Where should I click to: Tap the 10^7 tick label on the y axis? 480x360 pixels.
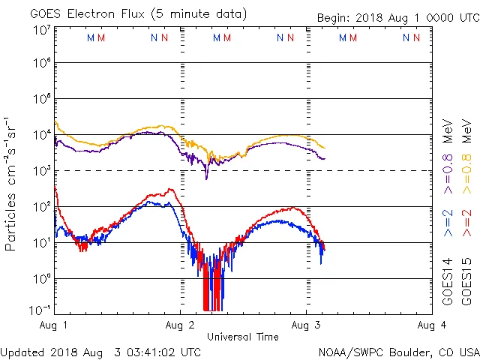[40, 29]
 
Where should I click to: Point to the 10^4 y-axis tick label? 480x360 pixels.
[40, 135]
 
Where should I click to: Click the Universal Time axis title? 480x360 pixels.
[243, 337]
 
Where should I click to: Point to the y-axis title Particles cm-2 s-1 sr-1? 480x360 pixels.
[11, 184]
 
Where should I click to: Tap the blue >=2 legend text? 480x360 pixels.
[448, 223]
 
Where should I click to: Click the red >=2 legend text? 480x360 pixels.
[466, 223]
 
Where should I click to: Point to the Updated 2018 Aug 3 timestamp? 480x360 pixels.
[100, 352]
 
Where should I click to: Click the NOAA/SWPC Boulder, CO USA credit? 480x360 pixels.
[399, 352]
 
